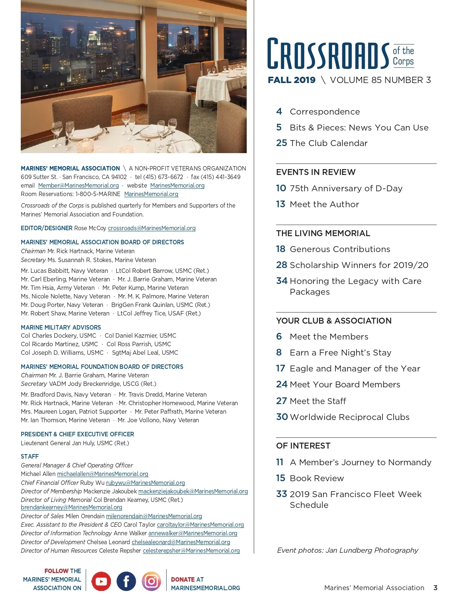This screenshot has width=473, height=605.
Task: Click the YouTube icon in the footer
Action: coord(101,581)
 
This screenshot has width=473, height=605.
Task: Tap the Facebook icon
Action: coord(126,581)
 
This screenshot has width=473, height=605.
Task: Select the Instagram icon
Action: coord(151,581)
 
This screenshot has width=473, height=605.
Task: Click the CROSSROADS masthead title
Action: coord(328,54)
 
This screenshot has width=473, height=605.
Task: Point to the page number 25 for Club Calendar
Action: coord(281,143)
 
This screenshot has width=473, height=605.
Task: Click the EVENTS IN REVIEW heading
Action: coord(316,172)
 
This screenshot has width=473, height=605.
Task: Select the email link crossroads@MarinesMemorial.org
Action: coord(152,228)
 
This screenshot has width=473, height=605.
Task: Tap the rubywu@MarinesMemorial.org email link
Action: coord(145,483)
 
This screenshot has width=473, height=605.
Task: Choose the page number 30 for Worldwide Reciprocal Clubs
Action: coord(282,417)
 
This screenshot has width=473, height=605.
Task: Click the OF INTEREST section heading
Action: coord(303,446)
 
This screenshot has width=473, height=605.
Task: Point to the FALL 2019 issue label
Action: coord(292,80)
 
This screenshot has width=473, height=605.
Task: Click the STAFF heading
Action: coord(30,456)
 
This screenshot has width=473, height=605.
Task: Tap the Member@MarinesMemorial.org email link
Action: coord(78,186)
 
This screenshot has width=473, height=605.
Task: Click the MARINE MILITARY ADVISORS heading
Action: coord(61,327)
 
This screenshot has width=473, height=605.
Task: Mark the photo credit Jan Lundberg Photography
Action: coord(372,550)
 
